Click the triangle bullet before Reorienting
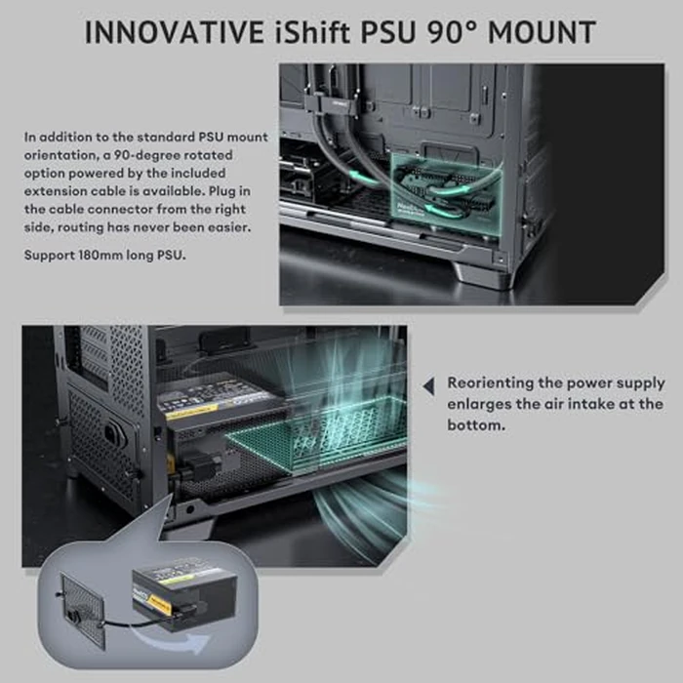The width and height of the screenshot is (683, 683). pyautogui.click(x=427, y=387)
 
